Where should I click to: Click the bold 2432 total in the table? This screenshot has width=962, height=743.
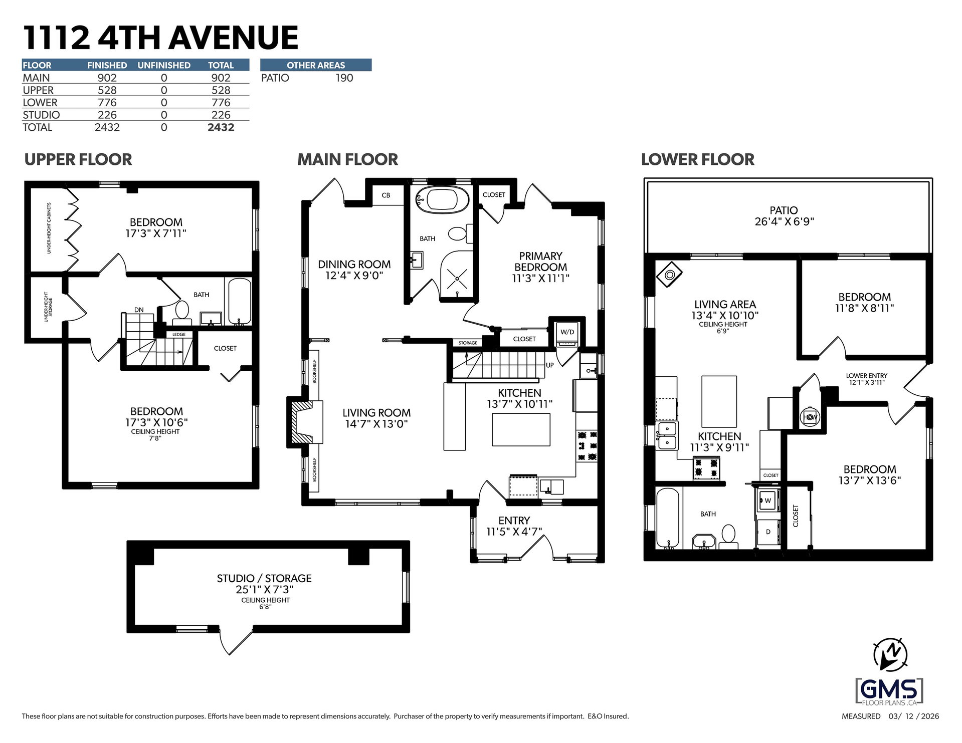pyautogui.click(x=221, y=127)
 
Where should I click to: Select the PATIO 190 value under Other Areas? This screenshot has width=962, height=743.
pyautogui.click(x=344, y=78)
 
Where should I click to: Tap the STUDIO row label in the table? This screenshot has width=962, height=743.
pyautogui.click(x=41, y=115)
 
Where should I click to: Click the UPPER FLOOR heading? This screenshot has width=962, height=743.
pyautogui.click(x=78, y=159)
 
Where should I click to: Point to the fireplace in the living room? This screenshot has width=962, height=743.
pyautogui.click(x=305, y=421)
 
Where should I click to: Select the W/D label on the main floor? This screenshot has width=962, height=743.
pyautogui.click(x=567, y=332)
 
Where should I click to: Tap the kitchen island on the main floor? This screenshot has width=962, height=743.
pyautogui.click(x=521, y=429)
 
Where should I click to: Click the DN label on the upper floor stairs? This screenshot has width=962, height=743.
pyautogui.click(x=139, y=310)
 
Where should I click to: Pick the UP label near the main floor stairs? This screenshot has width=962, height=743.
pyautogui.click(x=550, y=365)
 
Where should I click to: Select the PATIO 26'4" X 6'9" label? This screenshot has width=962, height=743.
pyautogui.click(x=784, y=216)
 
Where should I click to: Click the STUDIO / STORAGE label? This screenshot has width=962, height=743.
pyautogui.click(x=264, y=579)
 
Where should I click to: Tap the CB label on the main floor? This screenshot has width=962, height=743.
pyautogui.click(x=386, y=195)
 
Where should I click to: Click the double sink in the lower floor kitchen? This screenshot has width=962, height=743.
pyautogui.click(x=667, y=435)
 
